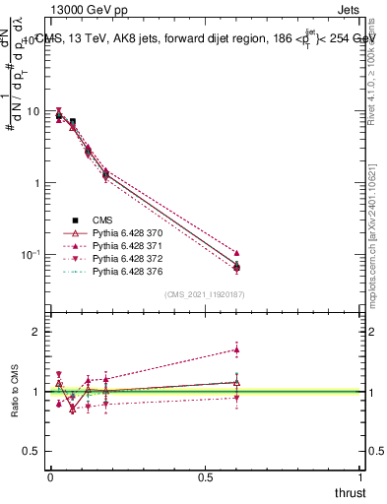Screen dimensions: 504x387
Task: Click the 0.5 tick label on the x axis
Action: pos(205,476)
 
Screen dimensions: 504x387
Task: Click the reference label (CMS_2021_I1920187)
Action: pos(206,294)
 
